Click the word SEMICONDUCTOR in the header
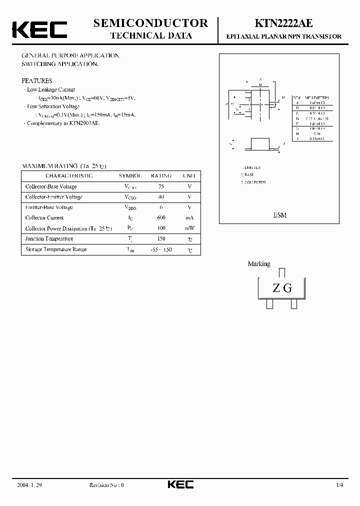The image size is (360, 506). point(150,23)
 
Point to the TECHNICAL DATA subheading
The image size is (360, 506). point(150,35)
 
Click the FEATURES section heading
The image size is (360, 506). point(37,80)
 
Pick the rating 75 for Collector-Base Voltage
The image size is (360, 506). point(160,186)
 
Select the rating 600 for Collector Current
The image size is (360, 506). point(160,218)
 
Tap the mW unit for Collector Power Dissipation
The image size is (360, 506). point(189,228)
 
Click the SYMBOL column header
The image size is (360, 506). point(130,176)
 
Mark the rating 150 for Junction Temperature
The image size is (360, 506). point(160,239)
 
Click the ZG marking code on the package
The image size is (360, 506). point(282,288)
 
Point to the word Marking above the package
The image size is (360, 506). point(259,264)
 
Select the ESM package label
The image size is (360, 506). point(280,215)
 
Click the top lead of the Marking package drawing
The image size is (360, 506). point(282,272)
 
